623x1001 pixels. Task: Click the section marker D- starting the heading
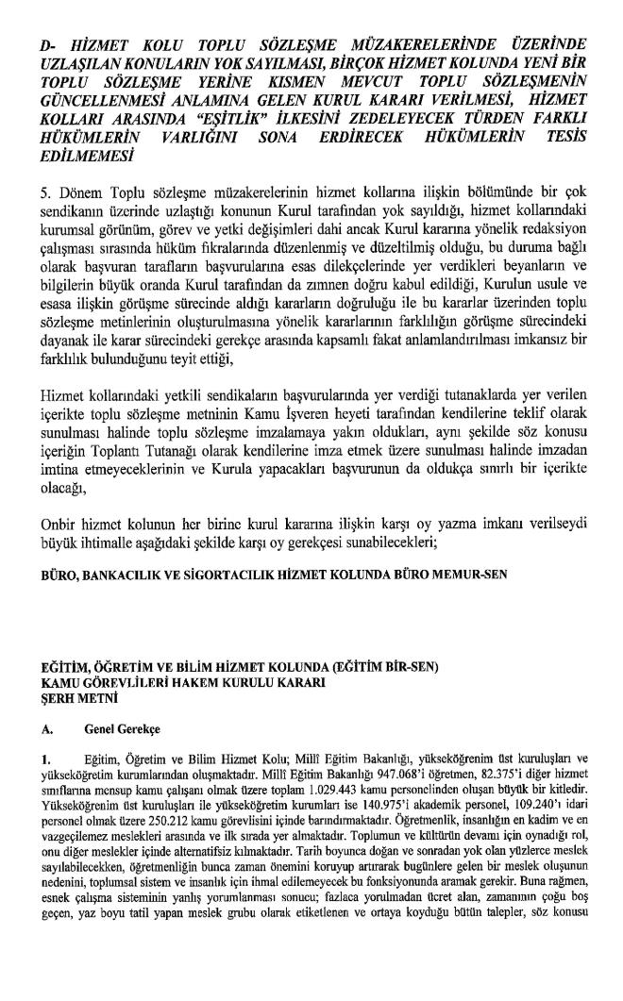click(49, 45)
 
